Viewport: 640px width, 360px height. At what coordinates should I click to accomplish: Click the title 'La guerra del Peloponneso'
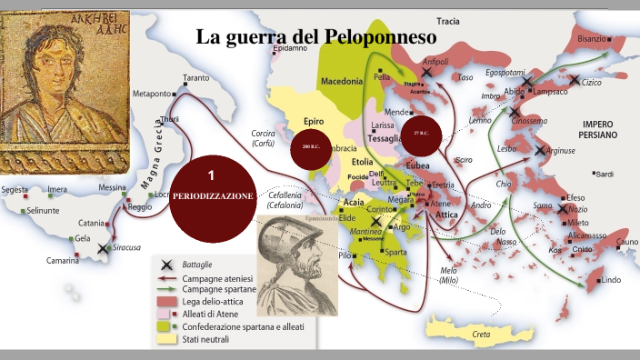click(x=316, y=37)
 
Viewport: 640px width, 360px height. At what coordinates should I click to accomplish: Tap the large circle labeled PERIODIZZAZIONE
click(x=210, y=185)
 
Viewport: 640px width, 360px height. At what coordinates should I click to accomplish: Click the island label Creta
click(x=481, y=334)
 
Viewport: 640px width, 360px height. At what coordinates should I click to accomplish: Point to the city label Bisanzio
click(x=590, y=39)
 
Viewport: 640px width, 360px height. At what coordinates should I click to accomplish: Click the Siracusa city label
click(x=123, y=247)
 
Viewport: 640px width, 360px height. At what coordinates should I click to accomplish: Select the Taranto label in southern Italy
click(x=195, y=78)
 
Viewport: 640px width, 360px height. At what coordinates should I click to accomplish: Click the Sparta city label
click(x=395, y=252)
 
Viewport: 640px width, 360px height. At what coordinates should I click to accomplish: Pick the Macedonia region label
click(x=342, y=82)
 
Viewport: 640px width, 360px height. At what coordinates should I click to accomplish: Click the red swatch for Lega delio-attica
click(x=165, y=299)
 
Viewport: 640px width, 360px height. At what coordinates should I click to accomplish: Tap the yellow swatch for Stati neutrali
click(x=165, y=339)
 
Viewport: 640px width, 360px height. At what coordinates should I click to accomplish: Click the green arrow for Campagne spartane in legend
click(x=165, y=287)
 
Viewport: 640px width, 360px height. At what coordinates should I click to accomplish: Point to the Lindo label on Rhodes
click(x=609, y=280)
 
